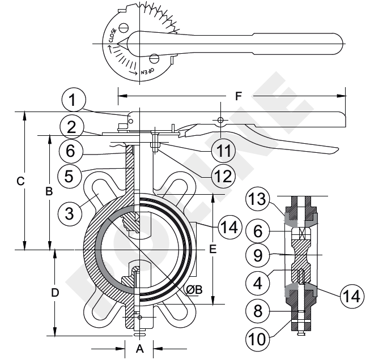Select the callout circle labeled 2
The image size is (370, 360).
pyautogui.click(x=71, y=126)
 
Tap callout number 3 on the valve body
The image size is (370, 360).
pyautogui.click(x=70, y=213)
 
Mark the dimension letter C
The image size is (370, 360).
pyautogui.click(x=20, y=182)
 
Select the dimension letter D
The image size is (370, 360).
pyautogui.click(x=54, y=293)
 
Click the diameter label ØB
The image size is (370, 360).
pyautogui.click(x=194, y=289)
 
